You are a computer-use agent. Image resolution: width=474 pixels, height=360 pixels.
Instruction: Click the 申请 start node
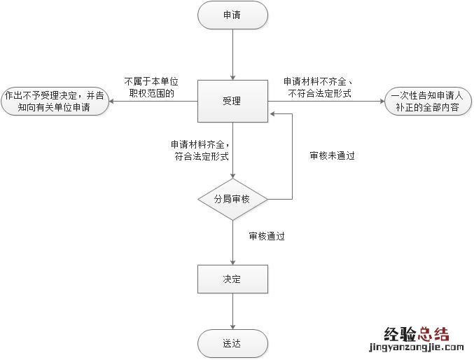point(232,15)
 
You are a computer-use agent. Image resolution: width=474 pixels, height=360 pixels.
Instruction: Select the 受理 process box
point(232,101)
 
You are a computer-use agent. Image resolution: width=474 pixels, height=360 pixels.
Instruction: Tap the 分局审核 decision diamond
point(232,200)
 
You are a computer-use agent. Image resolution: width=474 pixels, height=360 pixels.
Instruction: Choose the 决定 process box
point(232,279)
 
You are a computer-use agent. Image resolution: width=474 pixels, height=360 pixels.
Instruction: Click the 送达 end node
point(232,343)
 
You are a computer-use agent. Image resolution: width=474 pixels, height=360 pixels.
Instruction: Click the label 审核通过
point(267,237)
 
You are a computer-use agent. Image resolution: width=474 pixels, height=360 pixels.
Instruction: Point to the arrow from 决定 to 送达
point(232,311)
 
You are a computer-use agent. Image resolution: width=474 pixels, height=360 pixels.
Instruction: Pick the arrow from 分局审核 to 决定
point(232,242)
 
